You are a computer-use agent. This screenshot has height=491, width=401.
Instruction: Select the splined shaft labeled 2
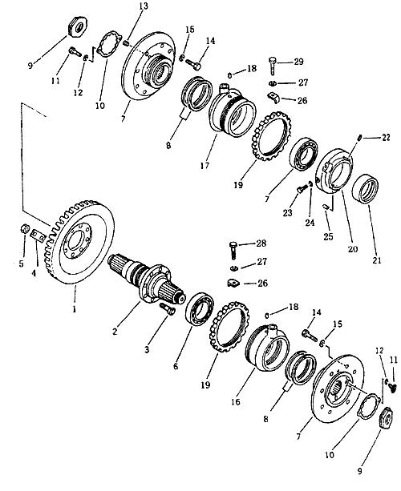[147, 280]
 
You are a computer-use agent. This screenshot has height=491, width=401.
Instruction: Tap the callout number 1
[75, 309]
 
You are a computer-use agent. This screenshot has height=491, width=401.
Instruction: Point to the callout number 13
[144, 6]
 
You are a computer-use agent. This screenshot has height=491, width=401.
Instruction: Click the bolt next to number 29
[272, 66]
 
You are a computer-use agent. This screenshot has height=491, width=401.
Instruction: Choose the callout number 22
[386, 137]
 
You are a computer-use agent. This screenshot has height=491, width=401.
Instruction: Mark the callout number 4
[34, 273]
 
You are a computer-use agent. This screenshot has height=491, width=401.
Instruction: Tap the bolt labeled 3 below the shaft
[168, 308]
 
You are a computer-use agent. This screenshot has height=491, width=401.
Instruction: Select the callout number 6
[176, 366]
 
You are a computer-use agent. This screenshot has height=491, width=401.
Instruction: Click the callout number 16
[235, 401]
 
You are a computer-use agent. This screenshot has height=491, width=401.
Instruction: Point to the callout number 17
[205, 165]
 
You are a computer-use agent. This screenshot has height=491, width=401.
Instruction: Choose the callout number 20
[353, 249]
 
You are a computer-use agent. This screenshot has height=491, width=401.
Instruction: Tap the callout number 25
[328, 236]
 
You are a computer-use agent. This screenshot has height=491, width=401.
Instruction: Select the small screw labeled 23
[301, 189]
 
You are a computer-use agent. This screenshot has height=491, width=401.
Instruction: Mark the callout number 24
[310, 223]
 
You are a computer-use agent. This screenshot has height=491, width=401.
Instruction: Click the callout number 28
[261, 243]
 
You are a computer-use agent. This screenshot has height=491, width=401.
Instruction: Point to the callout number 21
[377, 260]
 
